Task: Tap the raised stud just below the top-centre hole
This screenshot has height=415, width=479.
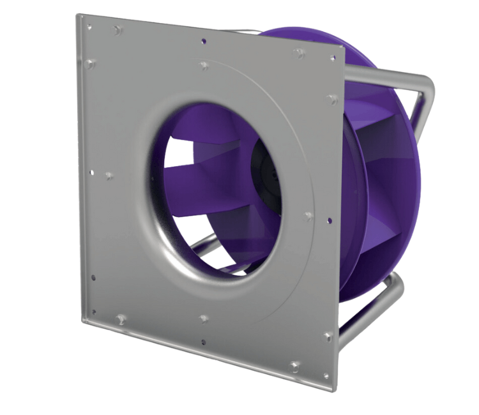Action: point(203,64)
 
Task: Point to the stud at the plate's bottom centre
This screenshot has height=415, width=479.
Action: point(203,318)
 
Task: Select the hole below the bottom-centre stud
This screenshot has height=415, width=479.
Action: point(203,342)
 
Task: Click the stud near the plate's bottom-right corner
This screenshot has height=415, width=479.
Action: point(294,366)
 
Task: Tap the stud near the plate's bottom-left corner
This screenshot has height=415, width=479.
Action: point(121,318)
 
